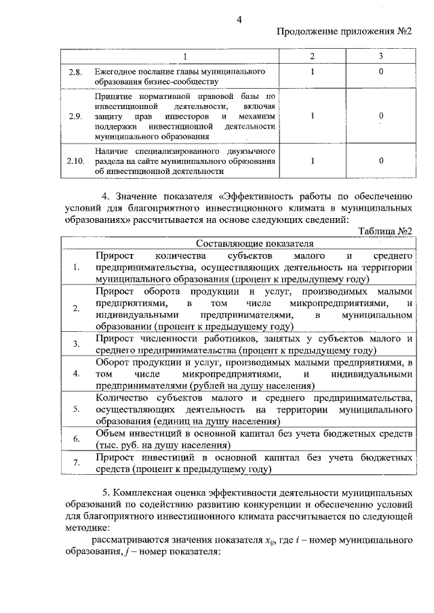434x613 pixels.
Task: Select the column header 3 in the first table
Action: coord(381,55)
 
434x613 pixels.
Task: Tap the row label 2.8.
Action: coord(75,72)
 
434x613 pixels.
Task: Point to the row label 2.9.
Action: coord(75,116)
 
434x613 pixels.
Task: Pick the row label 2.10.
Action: coord(75,161)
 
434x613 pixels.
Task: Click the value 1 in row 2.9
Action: coord(313,116)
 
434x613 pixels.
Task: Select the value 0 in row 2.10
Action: coord(381,161)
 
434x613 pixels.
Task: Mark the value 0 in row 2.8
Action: coord(381,71)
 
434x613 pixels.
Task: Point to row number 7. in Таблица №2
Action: coord(77,463)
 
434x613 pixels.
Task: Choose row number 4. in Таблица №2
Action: coord(77,373)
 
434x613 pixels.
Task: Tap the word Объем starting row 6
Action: coord(113,433)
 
